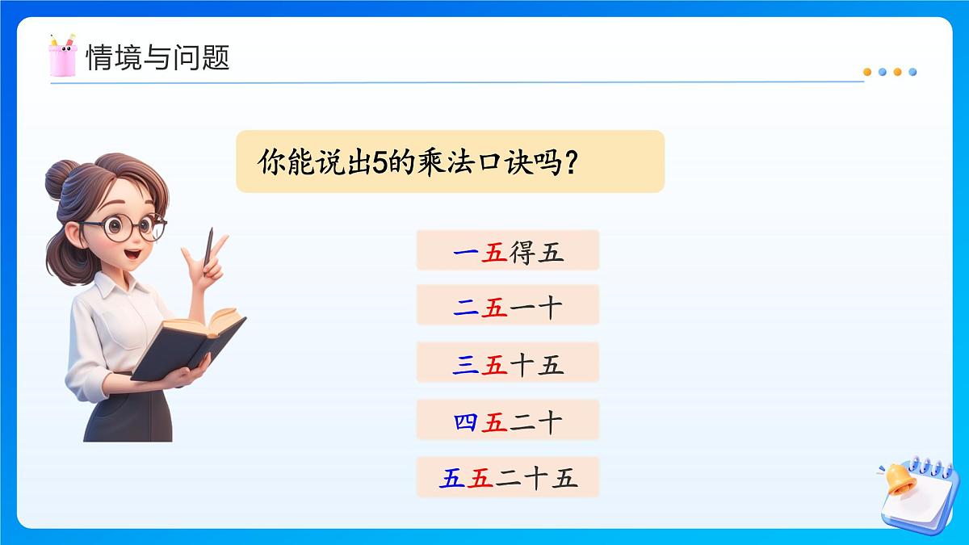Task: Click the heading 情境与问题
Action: pyautogui.click(x=157, y=57)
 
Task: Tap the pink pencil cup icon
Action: pyautogui.click(x=61, y=57)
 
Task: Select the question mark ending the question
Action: pyautogui.click(x=571, y=162)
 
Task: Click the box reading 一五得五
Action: pyautogui.click(x=507, y=250)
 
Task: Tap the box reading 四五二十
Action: pyautogui.click(x=507, y=420)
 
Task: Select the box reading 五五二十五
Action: pyautogui.click(x=507, y=477)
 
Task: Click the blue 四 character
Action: pyautogui.click(x=466, y=421)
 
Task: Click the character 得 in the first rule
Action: pyautogui.click(x=522, y=251)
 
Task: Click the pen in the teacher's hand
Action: pyautogui.click(x=209, y=245)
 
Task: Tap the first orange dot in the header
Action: pyautogui.click(x=867, y=72)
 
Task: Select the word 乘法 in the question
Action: pyautogui.click(x=447, y=162)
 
